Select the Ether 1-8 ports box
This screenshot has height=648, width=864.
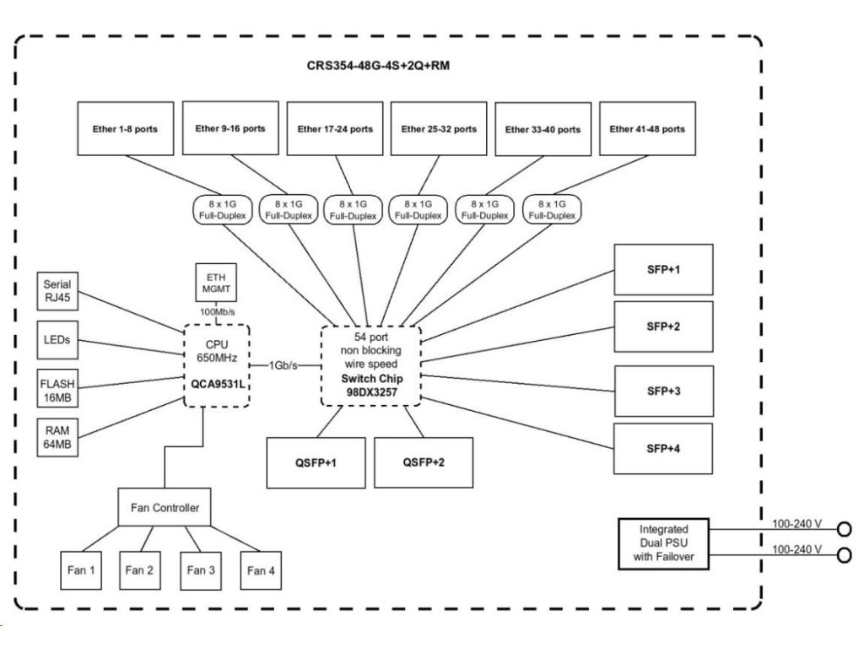[x=126, y=129]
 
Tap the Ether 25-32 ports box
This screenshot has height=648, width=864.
[x=439, y=129]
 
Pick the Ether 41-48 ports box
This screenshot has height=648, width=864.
[x=647, y=129]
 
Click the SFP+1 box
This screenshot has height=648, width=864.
[x=663, y=269]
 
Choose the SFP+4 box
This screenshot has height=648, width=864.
[x=663, y=448]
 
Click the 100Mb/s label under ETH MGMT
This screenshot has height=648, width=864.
[x=217, y=313]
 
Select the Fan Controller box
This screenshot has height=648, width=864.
[x=165, y=508]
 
